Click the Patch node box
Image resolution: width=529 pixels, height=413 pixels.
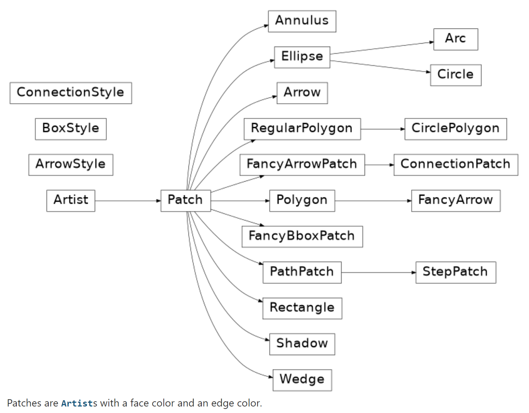186,201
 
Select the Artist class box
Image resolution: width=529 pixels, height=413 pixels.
71,201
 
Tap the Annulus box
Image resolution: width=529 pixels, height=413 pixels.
302,21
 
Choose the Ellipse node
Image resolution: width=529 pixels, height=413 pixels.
302,57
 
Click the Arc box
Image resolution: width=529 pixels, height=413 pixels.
456,39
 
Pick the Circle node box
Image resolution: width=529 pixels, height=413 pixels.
456,75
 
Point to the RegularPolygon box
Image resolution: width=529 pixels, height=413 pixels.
302,129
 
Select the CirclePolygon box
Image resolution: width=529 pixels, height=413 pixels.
456,129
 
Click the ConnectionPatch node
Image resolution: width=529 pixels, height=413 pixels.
456,165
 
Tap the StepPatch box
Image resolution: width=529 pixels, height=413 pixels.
456,272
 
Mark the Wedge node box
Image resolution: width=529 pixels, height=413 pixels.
302,380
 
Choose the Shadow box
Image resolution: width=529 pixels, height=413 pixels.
302,344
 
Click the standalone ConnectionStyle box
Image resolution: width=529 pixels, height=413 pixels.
71,93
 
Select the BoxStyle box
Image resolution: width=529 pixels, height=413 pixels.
71,129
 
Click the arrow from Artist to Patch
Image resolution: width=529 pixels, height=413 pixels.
127,201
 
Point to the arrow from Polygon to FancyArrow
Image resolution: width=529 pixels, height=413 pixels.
373,201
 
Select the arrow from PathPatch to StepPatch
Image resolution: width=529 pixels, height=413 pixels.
378,272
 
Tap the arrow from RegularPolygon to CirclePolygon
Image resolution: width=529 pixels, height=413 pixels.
382,129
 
